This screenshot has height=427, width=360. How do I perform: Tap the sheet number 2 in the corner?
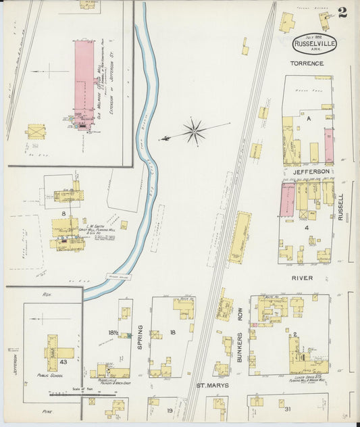point(343,12)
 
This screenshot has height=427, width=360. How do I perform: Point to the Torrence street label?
point(307,64)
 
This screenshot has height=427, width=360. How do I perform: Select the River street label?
point(303,277)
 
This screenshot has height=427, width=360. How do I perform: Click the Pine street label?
point(47,411)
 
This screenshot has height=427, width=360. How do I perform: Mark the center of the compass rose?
point(194,131)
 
